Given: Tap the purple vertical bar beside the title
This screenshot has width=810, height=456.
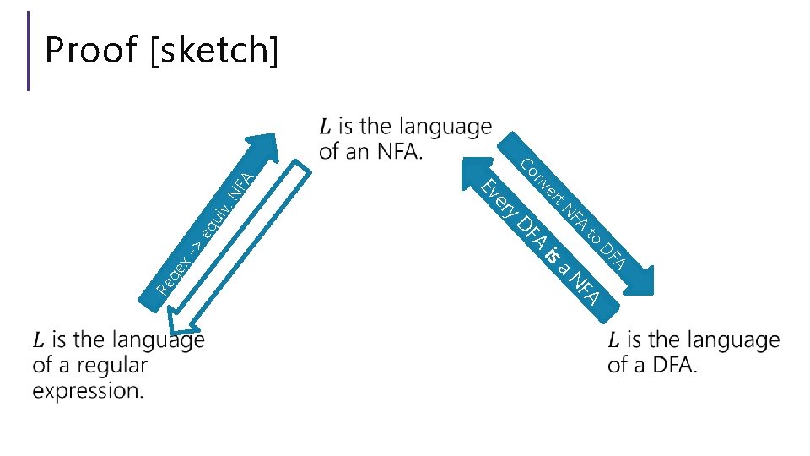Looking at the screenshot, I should tap(29, 51).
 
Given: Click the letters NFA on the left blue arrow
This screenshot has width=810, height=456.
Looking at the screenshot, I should tap(241, 182).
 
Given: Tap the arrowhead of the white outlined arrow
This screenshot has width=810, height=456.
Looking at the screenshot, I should tap(181, 326).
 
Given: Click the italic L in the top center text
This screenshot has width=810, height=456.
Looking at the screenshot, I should tap(326, 128).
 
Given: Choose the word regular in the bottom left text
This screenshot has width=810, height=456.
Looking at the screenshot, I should tap(112, 366).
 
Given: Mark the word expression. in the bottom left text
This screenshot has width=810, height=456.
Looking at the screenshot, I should tap(89, 391).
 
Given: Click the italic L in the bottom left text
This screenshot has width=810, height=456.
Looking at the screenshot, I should tap(39, 340).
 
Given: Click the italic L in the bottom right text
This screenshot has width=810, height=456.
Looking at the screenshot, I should tap(613, 340).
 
